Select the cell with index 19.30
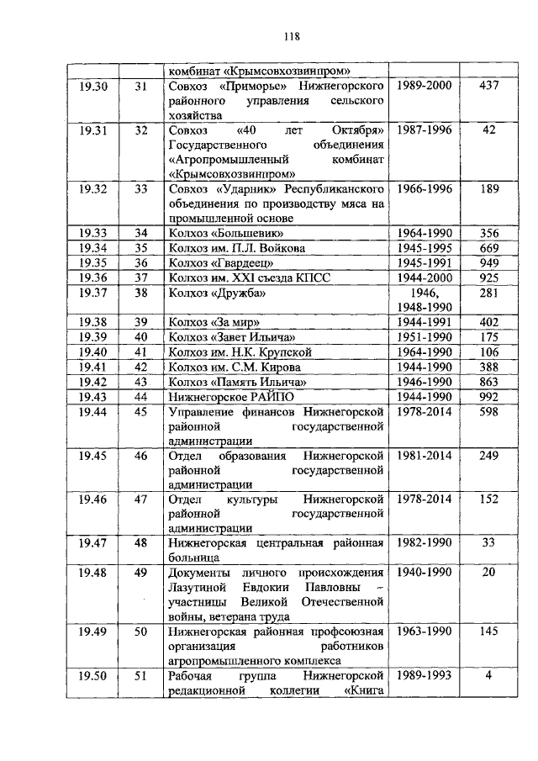point(93,86)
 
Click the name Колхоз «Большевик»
point(219,233)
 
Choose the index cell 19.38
point(93,321)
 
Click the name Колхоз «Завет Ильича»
point(224,336)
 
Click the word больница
point(194,557)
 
